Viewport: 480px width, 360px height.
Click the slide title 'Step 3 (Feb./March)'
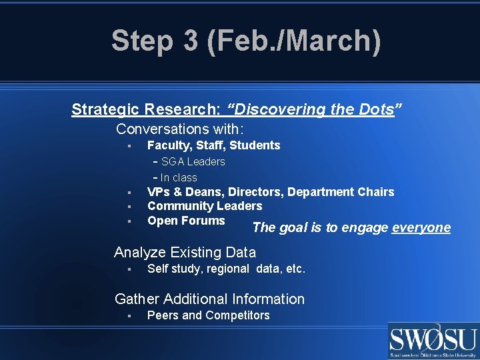point(246,41)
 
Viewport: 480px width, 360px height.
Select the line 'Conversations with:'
point(180,129)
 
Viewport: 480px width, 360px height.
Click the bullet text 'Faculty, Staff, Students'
point(213,145)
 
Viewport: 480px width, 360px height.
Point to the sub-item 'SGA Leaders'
point(193,161)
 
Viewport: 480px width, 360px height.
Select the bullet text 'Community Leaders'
point(205,206)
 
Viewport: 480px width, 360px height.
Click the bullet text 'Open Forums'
point(186,221)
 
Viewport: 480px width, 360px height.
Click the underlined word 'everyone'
point(421,228)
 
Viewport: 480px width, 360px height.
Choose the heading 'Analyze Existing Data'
point(185,252)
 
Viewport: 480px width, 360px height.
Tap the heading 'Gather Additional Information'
point(209,299)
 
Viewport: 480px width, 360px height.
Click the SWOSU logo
point(433,341)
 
